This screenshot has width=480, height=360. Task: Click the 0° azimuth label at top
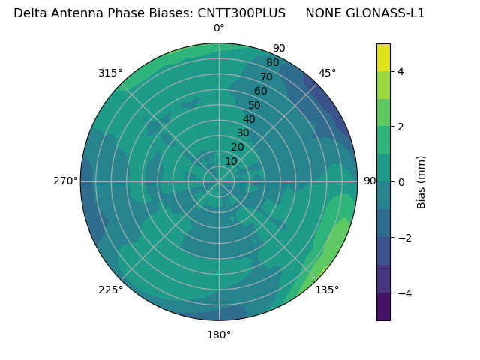[219, 28]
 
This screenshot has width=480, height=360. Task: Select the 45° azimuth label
[327, 73]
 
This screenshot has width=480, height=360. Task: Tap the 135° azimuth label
[327, 289]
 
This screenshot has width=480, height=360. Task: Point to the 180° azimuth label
[219, 334]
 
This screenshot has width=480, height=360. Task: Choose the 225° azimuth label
[110, 289]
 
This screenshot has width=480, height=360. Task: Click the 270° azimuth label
[65, 181]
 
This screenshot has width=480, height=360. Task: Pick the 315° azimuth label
[110, 73]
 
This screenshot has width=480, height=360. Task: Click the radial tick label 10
[231, 161]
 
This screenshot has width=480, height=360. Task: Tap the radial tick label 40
[249, 120]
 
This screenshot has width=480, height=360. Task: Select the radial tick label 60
[260, 91]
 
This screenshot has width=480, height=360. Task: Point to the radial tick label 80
[272, 63]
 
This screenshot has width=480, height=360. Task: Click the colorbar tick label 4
[400, 71]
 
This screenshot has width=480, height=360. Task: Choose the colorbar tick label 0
[400, 182]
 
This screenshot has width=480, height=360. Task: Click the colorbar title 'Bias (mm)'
[421, 182]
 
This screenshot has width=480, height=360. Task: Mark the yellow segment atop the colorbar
[383, 57]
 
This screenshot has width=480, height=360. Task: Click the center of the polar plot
[219, 181]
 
